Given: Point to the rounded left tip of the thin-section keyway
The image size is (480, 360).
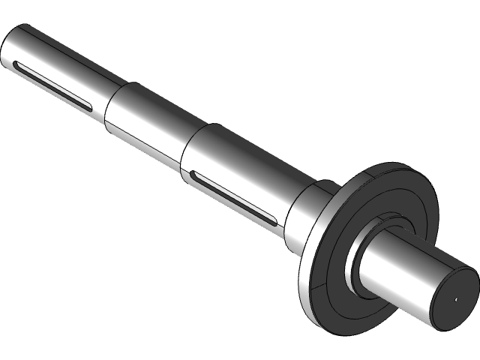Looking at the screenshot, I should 16,67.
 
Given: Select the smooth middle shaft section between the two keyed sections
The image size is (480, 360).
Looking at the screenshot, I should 150,120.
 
